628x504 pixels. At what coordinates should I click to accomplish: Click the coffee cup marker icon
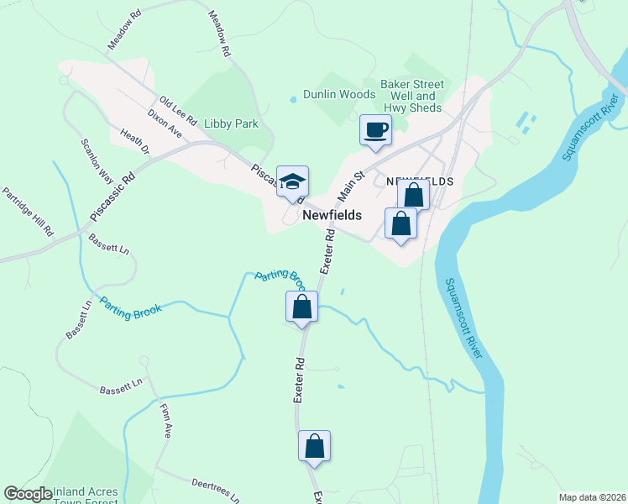(375, 130)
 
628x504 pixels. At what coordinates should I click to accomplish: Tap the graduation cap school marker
(292, 181)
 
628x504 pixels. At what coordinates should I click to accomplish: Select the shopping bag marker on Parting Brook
(302, 307)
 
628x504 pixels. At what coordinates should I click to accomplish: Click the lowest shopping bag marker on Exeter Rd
(315, 446)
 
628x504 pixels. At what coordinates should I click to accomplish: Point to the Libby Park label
(231, 124)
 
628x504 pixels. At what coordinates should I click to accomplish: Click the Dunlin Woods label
(339, 95)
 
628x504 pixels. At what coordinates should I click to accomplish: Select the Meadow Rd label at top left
(122, 32)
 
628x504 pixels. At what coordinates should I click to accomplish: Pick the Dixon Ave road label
(165, 122)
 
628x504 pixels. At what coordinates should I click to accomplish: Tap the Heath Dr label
(134, 141)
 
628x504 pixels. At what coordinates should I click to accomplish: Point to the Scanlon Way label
(97, 160)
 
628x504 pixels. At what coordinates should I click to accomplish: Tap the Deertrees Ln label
(216, 490)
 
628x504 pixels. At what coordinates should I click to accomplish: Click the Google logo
(28, 494)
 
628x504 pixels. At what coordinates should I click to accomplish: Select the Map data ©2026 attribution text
(592, 497)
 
